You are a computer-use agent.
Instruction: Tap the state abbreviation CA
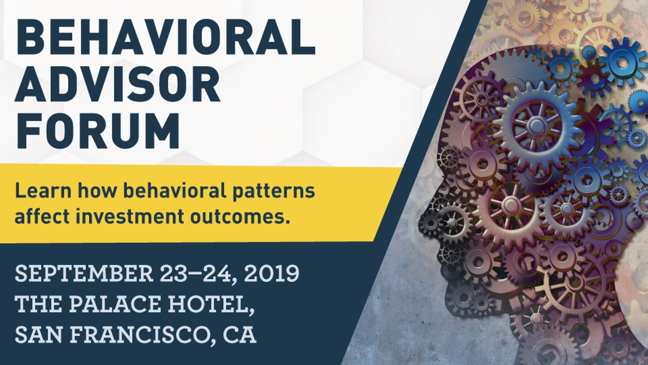[x=240, y=334]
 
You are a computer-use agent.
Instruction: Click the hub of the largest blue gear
[x=537, y=125]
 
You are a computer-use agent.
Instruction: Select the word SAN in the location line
[x=40, y=334]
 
